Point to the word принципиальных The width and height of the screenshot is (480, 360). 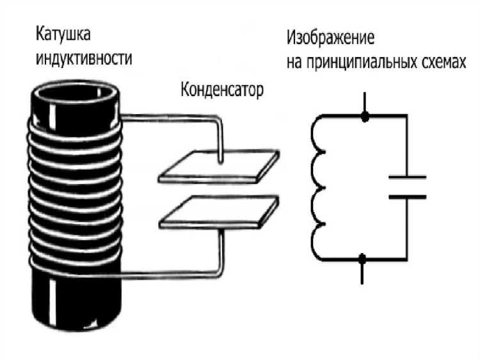coord(362,62)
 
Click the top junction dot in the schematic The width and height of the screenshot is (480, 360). coord(365,117)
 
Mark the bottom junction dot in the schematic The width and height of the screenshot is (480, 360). coord(364,258)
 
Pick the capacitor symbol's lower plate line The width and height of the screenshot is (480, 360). coord(408,197)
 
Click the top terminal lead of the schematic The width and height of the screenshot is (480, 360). coord(365,101)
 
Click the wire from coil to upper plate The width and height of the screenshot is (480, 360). coord(173,117)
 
